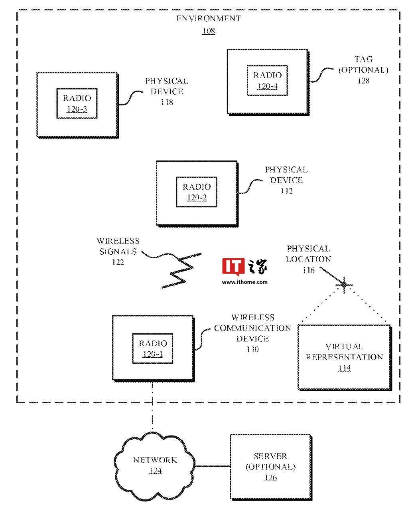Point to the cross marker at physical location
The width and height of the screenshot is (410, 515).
[x=344, y=285]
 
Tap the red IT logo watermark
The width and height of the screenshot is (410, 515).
[x=233, y=267]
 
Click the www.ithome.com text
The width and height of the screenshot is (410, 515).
[x=244, y=282]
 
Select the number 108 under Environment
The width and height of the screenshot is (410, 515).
[x=209, y=31]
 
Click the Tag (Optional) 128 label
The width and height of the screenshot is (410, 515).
[x=363, y=70]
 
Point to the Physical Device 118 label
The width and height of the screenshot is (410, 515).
[x=167, y=91]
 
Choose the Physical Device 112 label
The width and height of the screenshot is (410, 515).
[x=286, y=180]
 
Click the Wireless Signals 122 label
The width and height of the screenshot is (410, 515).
[x=118, y=252]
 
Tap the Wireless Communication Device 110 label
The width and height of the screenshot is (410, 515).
[x=252, y=333]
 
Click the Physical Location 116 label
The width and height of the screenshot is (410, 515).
[x=308, y=259]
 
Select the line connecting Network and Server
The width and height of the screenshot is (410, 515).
[x=213, y=466]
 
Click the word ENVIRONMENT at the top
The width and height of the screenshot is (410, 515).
[x=209, y=19]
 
